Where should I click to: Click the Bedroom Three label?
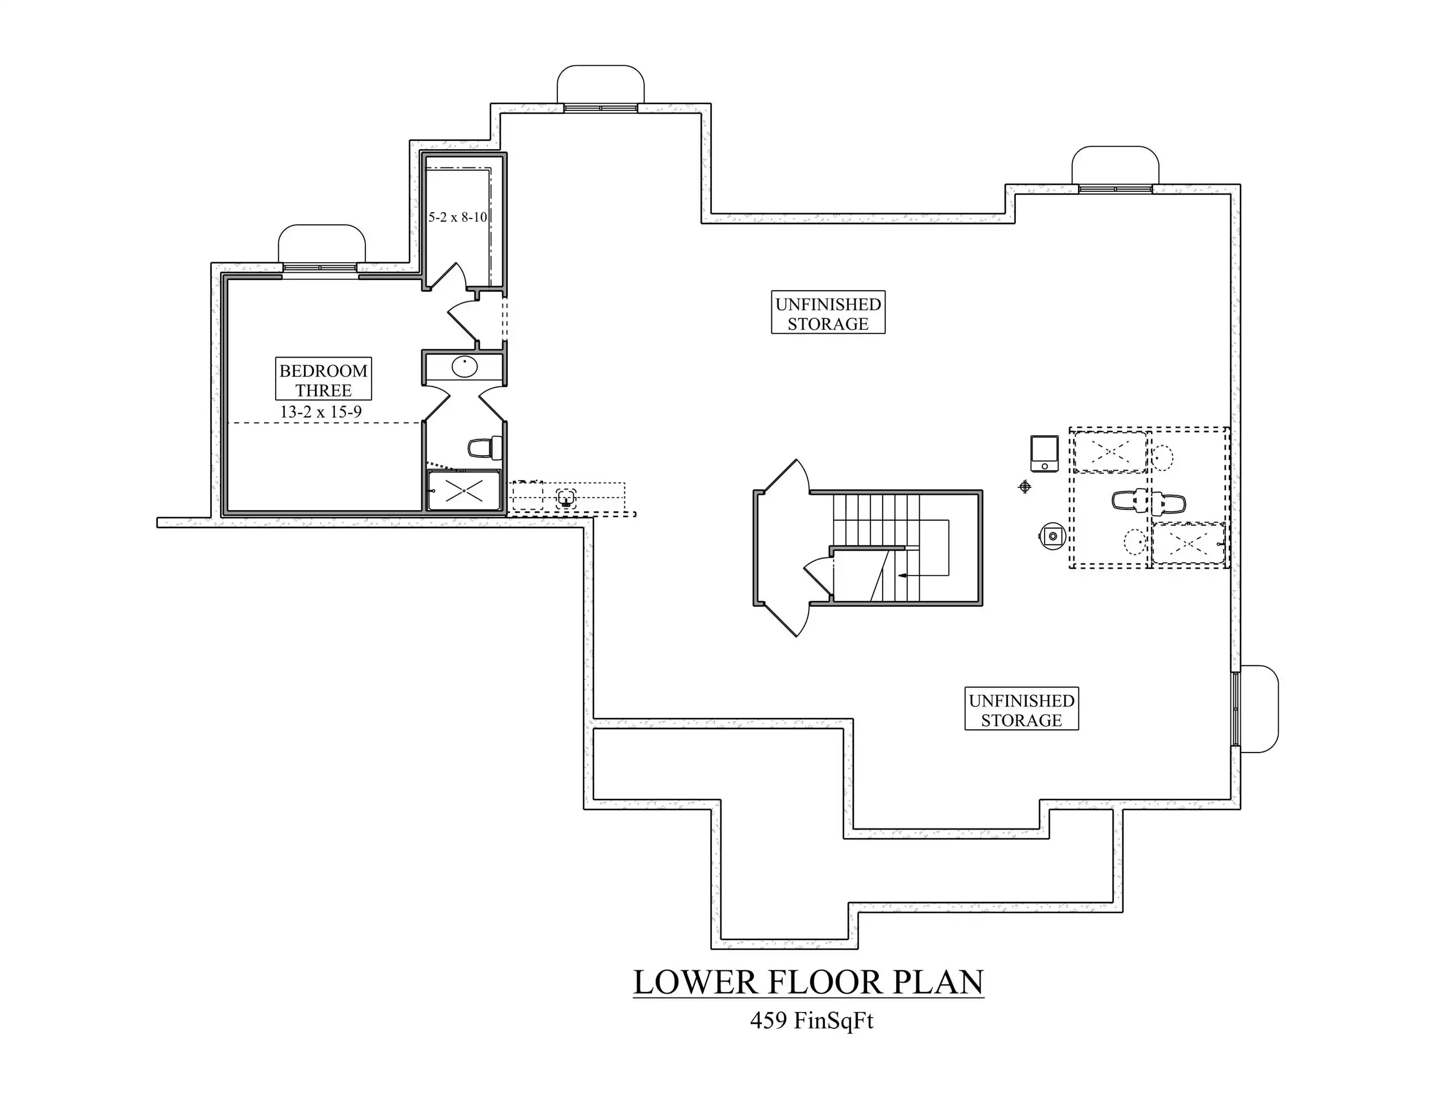click(x=323, y=380)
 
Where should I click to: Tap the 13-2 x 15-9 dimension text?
click(x=320, y=412)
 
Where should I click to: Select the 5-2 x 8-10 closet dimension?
click(x=458, y=217)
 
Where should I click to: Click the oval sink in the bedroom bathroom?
click(x=465, y=367)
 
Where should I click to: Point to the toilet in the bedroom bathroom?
click(x=485, y=449)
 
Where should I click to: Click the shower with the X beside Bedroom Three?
click(x=464, y=490)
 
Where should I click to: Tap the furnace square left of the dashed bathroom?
click(x=1044, y=454)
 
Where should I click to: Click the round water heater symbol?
click(x=1052, y=536)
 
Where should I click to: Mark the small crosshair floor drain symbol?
click(x=1024, y=487)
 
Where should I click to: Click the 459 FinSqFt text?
click(x=811, y=1020)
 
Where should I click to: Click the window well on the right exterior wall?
click(x=1258, y=709)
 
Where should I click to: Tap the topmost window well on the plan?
click(x=601, y=84)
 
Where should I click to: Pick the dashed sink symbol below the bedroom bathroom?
click(x=566, y=497)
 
